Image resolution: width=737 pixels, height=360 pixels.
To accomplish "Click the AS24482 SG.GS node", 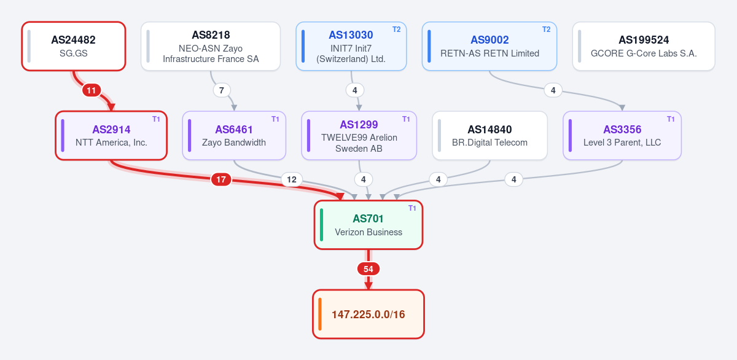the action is click(74, 46).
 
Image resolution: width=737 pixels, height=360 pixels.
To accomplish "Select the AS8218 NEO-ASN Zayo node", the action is click(211, 46).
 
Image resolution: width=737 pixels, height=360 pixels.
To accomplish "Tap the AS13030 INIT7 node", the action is click(351, 46).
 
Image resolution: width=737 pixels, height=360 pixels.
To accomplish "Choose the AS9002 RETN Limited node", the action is click(489, 46).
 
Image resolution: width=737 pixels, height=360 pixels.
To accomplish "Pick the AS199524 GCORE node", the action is click(644, 46).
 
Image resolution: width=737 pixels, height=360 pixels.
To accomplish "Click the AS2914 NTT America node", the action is click(111, 136).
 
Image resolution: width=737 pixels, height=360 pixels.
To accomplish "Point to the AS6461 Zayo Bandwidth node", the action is click(234, 136).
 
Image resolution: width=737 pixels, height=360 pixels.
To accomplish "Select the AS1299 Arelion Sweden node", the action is click(359, 136).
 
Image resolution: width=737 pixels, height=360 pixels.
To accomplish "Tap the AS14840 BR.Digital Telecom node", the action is click(489, 136).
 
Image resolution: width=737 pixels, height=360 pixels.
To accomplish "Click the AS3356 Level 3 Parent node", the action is click(622, 136).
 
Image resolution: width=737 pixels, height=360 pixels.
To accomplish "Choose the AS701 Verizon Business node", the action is click(368, 225).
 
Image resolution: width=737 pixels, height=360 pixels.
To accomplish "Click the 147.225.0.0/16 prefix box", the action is click(368, 315).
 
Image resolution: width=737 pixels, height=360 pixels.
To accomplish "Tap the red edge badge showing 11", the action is click(92, 90).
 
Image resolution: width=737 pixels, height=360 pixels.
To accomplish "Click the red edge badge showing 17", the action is click(221, 179).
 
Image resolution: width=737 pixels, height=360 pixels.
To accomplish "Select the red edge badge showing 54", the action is click(368, 269).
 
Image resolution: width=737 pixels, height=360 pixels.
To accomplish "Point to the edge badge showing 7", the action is click(222, 90).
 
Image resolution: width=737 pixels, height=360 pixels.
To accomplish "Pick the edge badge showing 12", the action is click(292, 179).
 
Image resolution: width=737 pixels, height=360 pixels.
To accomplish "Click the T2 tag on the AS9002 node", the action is click(546, 29).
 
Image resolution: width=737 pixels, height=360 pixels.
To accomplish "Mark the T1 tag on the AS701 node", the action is click(412, 208).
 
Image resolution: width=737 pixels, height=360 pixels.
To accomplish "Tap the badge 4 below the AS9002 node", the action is click(553, 90).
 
